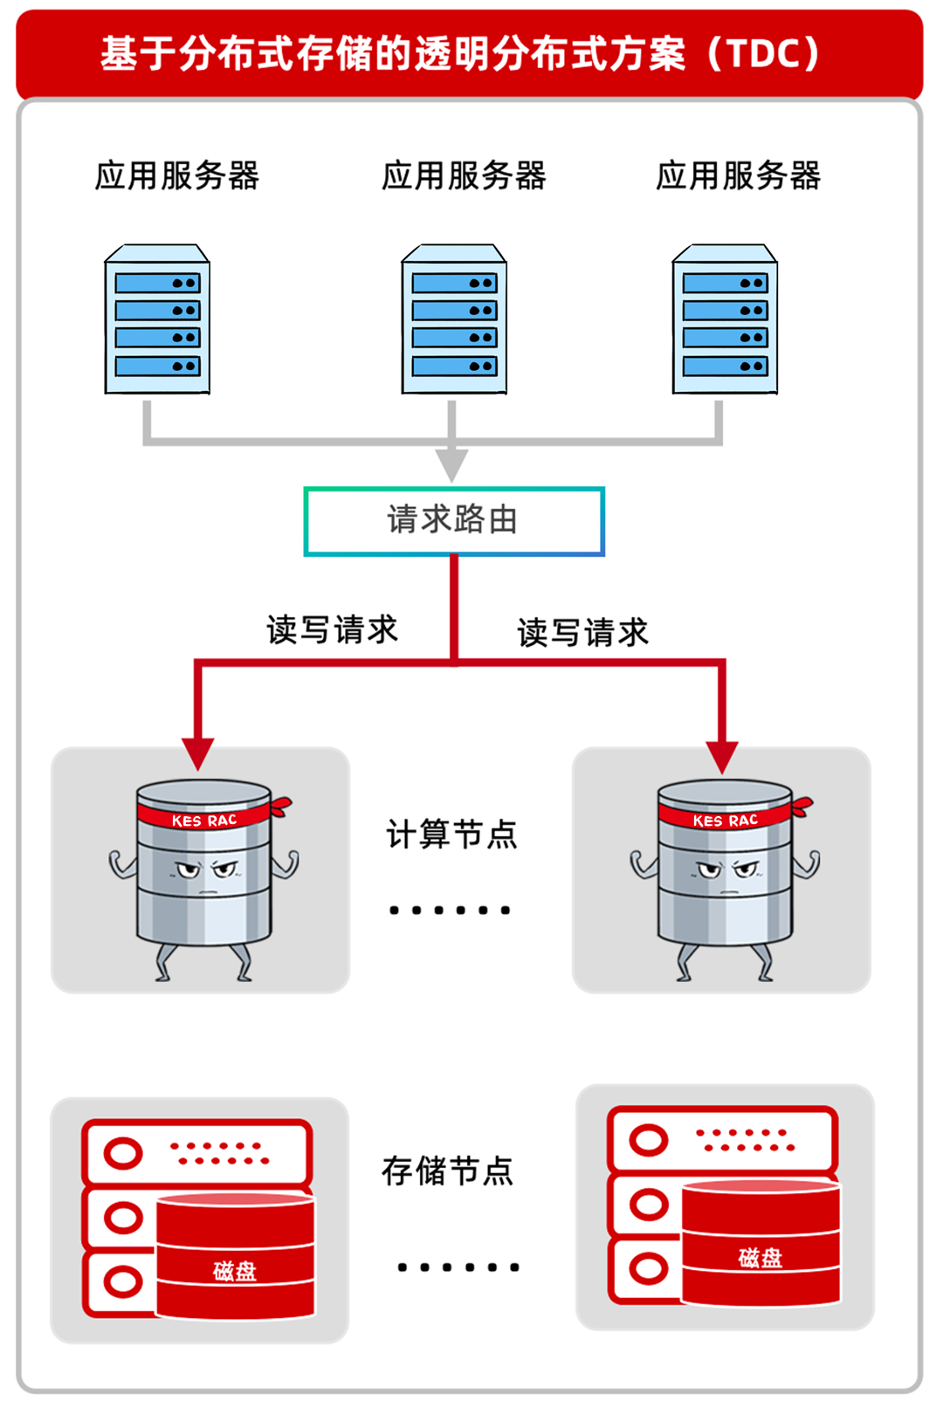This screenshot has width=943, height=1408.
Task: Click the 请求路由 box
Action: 453,521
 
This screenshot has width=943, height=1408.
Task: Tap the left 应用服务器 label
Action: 177,175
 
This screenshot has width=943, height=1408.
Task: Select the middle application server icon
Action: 454,320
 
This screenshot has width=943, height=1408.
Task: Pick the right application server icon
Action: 725,320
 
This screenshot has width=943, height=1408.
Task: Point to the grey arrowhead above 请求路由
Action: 451,464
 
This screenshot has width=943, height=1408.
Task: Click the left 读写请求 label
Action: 332,629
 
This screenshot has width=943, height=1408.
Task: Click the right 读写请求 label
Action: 582,632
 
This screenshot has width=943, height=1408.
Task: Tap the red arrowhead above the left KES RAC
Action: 198,752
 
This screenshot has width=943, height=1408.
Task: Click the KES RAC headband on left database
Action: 204,819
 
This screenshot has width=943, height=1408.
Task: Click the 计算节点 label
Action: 451,834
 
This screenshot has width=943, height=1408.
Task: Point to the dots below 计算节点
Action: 450,910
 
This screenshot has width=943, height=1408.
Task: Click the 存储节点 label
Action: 448,1171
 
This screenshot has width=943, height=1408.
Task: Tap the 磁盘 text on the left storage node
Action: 235,1271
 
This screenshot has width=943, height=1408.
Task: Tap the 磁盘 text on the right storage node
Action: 760,1258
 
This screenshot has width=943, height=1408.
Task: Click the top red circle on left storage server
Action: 123,1153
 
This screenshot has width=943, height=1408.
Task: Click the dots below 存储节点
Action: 458,1267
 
